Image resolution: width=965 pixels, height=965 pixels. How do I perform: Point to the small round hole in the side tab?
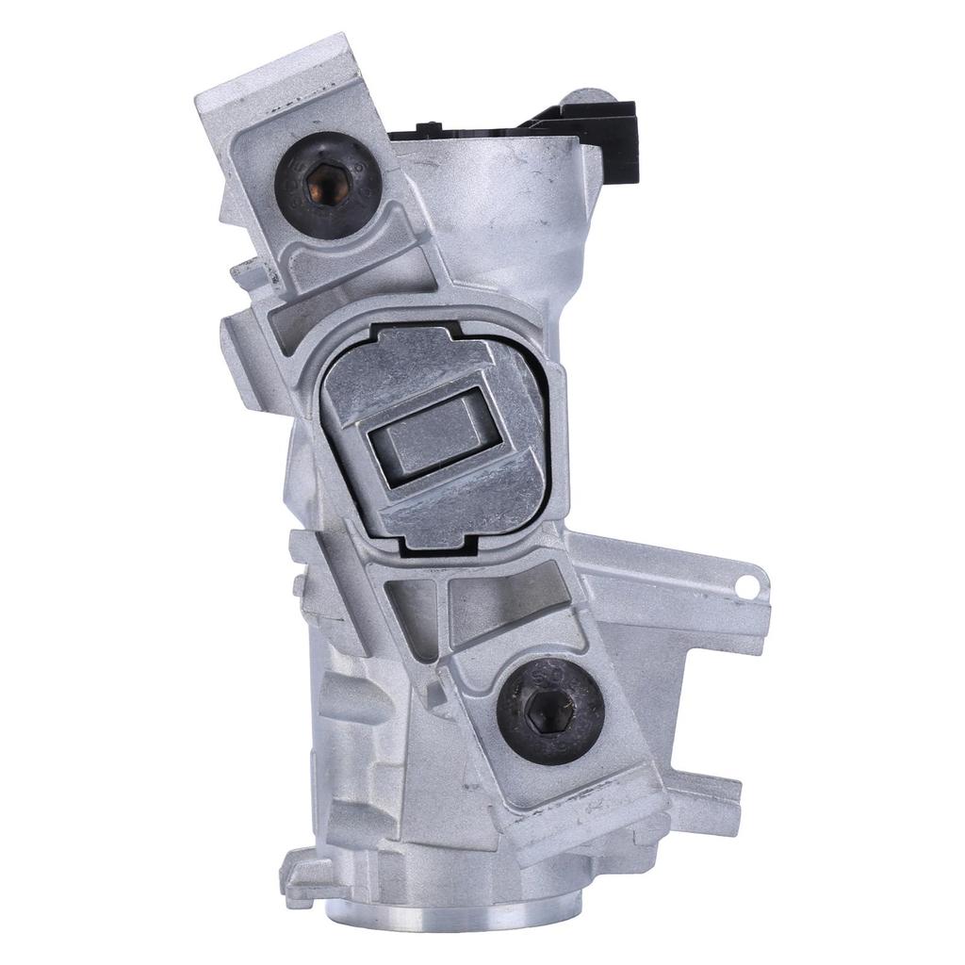[x=747, y=586]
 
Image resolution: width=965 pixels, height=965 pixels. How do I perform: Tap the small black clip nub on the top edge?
[x=429, y=126]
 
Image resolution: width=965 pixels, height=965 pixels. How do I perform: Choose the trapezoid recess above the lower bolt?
[x=509, y=603]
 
